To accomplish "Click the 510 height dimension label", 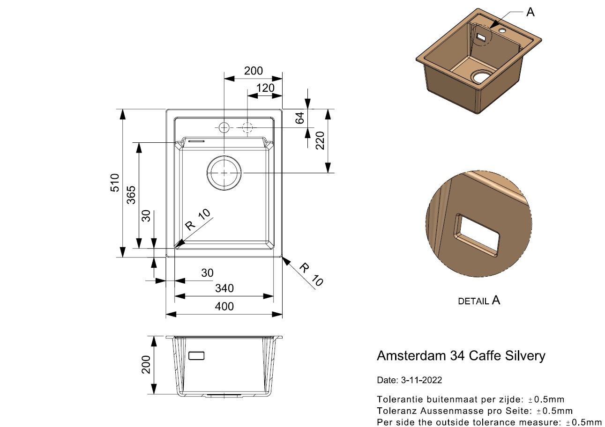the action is point(115,183).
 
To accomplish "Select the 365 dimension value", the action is point(131,195).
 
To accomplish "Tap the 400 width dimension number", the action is point(224,306).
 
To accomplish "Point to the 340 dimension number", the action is point(224,288).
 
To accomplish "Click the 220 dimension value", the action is point(320,140).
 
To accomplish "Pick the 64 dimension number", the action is point(300,118).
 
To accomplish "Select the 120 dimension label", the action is point(265,88).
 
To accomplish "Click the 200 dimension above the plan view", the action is point(254,71).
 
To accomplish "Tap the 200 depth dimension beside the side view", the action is point(146,365).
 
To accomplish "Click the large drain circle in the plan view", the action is point(224,156).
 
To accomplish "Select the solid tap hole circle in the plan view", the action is point(224,123).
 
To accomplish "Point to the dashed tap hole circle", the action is point(247,123).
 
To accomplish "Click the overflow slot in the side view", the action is point(196,355).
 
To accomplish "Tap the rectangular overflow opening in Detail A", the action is point(477,236).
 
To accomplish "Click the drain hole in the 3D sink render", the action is point(482,76).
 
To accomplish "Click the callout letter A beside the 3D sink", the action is point(530,12).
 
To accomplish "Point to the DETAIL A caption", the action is point(479,301).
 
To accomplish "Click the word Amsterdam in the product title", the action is point(411,355).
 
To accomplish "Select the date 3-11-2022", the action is point(421,380).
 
